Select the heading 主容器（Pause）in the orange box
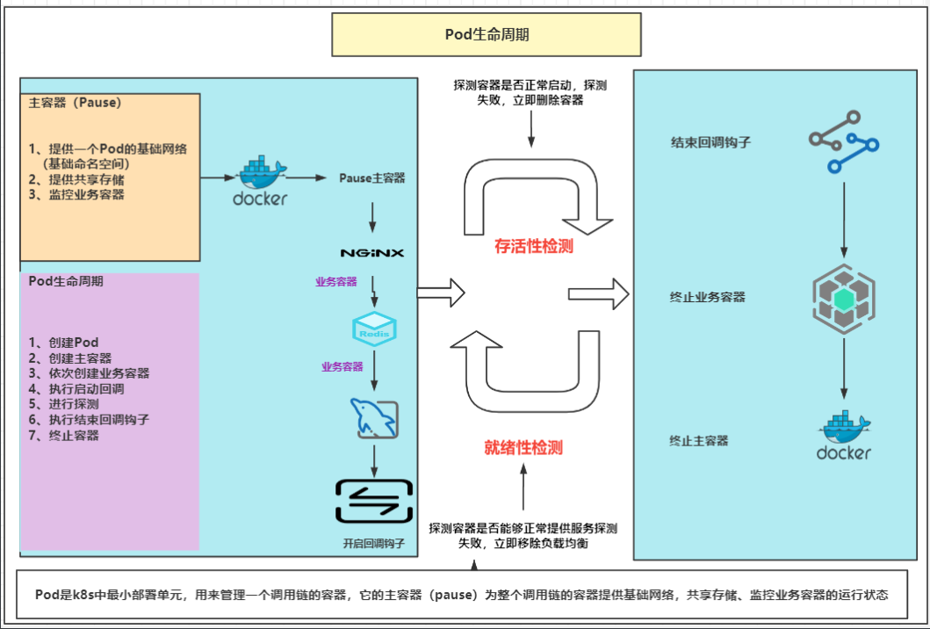(75, 102)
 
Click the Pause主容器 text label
(372, 177)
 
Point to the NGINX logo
(372, 252)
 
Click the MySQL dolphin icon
(374, 418)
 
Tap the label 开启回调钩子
(373, 544)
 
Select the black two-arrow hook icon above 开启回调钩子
(373, 502)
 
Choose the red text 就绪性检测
(523, 447)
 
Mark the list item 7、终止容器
(63, 435)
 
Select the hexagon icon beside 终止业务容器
(843, 300)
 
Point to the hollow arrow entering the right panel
(599, 292)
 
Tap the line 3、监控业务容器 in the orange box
(76, 194)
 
